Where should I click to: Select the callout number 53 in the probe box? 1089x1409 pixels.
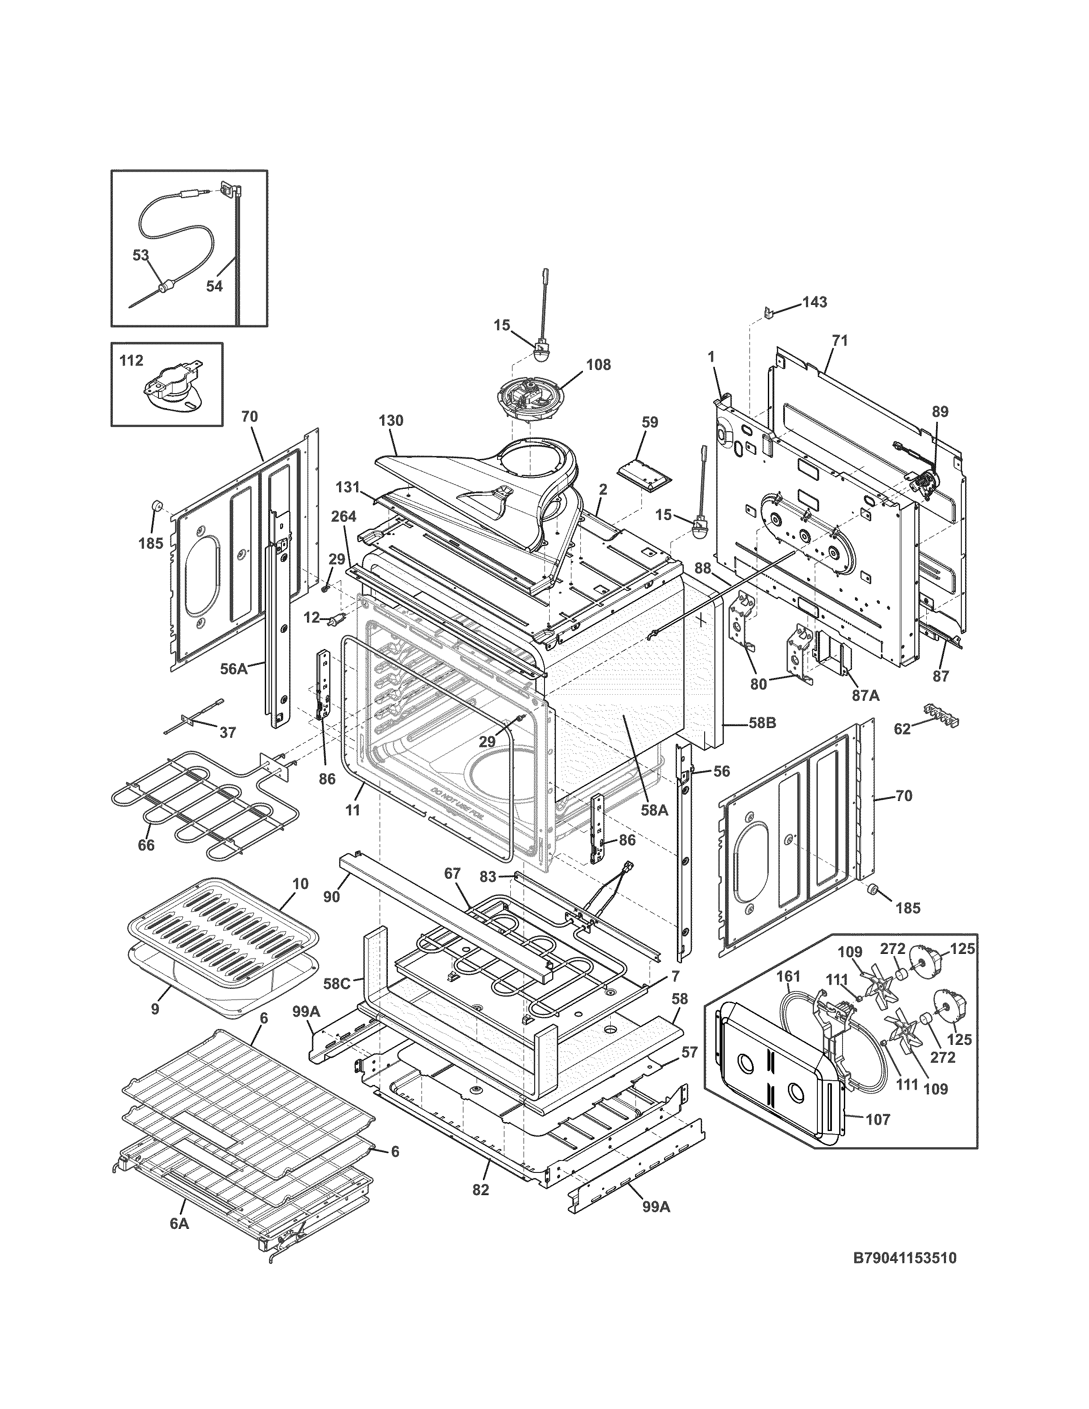pyautogui.click(x=141, y=255)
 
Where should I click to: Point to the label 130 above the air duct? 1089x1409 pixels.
pyautogui.click(x=391, y=421)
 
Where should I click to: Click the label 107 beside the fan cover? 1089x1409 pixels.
pyautogui.click(x=878, y=1120)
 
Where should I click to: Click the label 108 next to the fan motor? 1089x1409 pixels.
pyautogui.click(x=598, y=365)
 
